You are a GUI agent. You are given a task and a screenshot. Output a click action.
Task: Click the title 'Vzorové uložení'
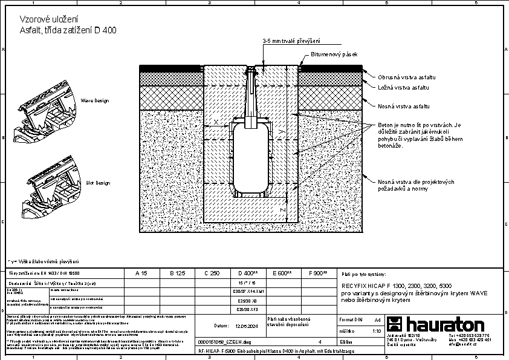[x=40, y=19]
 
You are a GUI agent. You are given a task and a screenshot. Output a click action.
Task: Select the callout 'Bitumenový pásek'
[x=334, y=54]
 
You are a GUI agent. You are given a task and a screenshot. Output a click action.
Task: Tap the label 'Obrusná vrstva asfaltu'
[x=406, y=77]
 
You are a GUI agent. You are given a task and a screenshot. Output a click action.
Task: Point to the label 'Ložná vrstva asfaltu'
[x=404, y=88]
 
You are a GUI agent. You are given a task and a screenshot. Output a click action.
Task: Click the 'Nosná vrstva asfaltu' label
[x=404, y=106]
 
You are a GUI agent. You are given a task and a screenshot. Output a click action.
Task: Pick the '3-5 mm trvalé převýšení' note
[x=291, y=41]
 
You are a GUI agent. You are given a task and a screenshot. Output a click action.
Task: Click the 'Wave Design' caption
[x=95, y=100]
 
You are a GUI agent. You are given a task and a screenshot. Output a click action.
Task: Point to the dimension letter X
[x=216, y=122]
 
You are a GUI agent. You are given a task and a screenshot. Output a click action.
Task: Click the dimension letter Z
[x=282, y=209]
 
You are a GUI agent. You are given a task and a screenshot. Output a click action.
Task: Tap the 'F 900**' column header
[x=317, y=273]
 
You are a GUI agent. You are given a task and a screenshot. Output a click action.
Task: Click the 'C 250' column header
[x=212, y=273]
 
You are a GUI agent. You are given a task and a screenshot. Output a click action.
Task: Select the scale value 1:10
[x=376, y=331]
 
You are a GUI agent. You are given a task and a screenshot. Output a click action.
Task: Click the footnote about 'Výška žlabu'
[x=43, y=261]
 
